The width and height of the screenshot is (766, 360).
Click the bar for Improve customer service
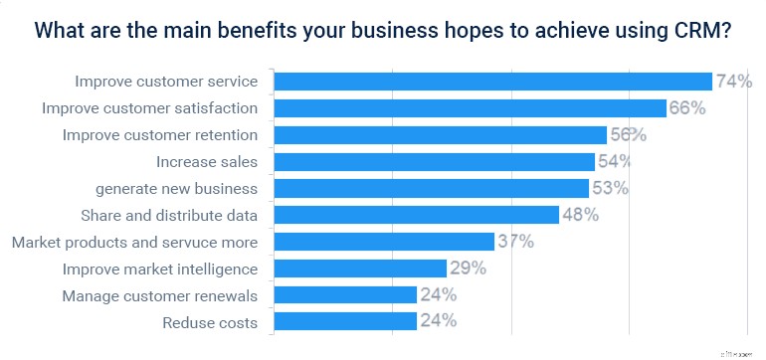(492, 82)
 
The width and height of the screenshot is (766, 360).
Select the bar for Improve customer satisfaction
(470, 108)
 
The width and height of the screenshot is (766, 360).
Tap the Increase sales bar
(434, 161)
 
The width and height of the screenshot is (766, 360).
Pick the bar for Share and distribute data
(416, 215)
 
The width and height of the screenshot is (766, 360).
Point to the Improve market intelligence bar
(359, 268)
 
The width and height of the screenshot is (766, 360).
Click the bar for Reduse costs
(344, 321)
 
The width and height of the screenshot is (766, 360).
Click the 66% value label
(686, 108)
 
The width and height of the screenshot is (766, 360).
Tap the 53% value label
(610, 188)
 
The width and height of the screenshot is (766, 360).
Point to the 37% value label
(514, 241)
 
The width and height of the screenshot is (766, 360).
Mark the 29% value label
(467, 268)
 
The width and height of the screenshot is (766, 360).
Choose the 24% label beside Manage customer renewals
(437, 294)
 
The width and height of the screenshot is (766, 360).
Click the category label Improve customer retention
(160, 134)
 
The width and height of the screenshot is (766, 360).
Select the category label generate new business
(177, 188)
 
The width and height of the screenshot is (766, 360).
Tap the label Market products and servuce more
(134, 242)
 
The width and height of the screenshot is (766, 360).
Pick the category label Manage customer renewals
(160, 295)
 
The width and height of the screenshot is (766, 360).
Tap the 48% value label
(579, 215)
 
